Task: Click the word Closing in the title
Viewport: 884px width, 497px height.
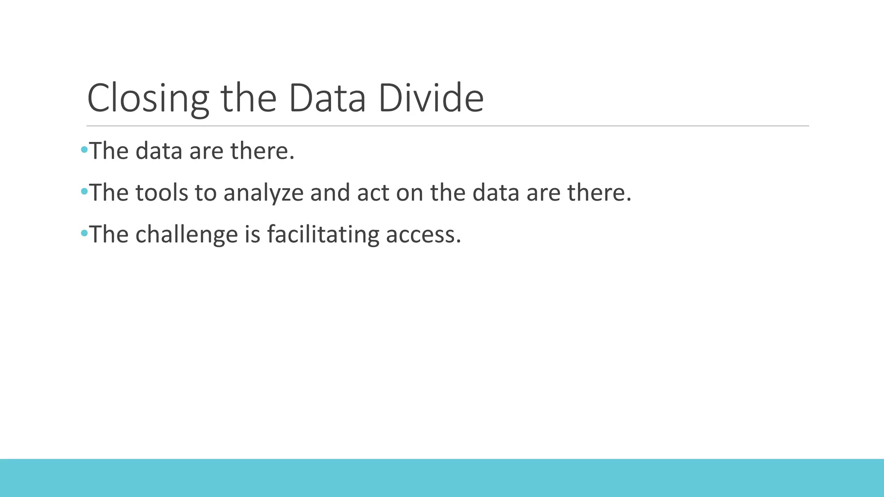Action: coord(148,98)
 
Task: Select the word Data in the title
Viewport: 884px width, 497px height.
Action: coord(327,98)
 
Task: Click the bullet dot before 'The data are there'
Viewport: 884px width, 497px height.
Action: coord(84,150)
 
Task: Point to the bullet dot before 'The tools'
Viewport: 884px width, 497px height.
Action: coord(84,191)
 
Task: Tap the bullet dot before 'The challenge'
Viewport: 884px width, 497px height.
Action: coord(84,233)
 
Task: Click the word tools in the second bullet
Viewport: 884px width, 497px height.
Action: coord(162,193)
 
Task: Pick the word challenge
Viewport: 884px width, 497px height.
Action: coord(186,235)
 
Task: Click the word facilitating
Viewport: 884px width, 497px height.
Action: coord(323,235)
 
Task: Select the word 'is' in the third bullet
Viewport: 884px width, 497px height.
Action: coord(253,235)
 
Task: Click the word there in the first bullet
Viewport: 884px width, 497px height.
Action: coord(262,151)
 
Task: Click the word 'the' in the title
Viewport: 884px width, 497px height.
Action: coord(248,98)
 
